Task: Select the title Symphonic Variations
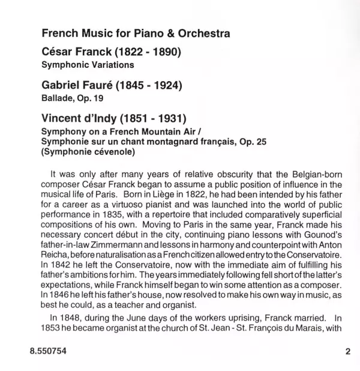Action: (87, 64)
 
